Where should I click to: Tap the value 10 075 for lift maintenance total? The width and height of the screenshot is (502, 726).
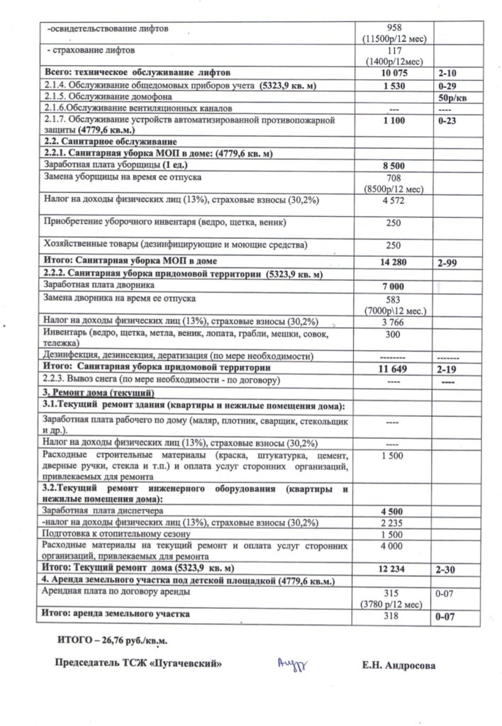point(393,74)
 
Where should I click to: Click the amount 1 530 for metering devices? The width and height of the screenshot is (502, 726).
point(393,85)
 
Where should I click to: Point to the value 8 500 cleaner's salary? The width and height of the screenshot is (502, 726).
point(393,165)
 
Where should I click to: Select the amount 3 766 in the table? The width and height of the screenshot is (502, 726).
point(393,323)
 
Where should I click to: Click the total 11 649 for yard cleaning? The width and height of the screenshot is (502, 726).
point(393,369)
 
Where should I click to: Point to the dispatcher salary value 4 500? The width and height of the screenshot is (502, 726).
point(393,510)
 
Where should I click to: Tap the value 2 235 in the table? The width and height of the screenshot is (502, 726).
point(393,523)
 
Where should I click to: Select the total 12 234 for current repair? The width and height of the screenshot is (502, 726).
point(393,569)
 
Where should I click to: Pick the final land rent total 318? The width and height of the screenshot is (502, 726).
point(393,616)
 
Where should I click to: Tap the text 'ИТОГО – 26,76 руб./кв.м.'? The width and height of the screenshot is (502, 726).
point(113,642)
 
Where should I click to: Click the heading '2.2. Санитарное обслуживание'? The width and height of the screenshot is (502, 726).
point(103,143)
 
